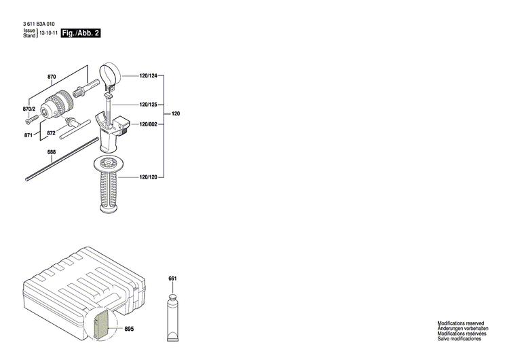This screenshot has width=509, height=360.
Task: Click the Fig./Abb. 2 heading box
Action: [81, 33]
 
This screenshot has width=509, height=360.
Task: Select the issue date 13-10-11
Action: [48, 33]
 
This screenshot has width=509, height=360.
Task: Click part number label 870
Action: [52, 77]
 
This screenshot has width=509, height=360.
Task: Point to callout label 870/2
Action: [29, 109]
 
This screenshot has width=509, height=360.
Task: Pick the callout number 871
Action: [29, 135]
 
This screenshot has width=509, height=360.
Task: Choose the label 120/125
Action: [148, 105]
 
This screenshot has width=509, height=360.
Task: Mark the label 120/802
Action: [148, 124]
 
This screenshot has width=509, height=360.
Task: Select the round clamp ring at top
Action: [110, 72]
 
